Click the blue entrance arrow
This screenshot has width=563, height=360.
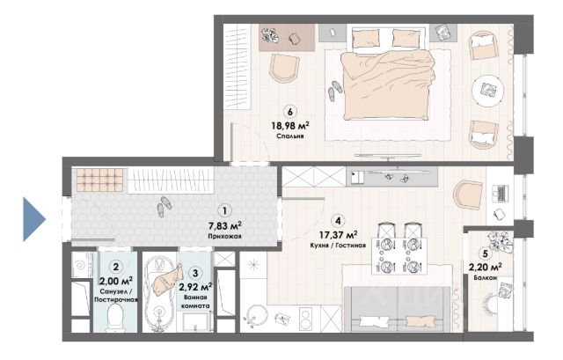[34, 219]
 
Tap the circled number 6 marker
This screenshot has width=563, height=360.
[290, 112]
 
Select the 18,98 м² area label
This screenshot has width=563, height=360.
[290, 126]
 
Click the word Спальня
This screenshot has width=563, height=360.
[290, 136]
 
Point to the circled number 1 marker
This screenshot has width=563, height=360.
[225, 211]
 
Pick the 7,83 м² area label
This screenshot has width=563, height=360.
[225, 226]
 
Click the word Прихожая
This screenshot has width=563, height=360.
[225, 237]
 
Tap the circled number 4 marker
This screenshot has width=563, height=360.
[338, 220]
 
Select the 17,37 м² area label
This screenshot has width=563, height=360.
[338, 235]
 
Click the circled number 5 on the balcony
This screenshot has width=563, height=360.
[485, 254]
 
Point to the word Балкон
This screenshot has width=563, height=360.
[485, 278]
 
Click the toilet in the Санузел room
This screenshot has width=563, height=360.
[116, 318]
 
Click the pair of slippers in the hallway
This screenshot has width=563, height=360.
[165, 207]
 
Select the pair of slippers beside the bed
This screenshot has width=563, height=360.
[335, 91]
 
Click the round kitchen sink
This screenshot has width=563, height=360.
[256, 315]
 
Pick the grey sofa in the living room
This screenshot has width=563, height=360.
[397, 309]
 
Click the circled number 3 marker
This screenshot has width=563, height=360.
[195, 273]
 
